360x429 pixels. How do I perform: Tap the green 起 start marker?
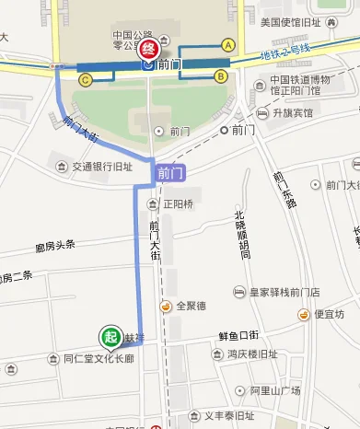point(110,337)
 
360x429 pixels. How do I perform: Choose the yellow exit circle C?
point(85,80)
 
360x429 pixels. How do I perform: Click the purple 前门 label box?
point(170,172)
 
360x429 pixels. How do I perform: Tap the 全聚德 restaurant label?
point(190,306)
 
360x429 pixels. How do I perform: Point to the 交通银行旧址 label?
point(102,168)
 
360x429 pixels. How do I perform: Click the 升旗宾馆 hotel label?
point(292,113)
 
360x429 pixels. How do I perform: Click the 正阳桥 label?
point(178,203)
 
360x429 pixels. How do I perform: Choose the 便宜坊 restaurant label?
point(328,314)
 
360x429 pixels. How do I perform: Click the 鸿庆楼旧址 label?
point(252,354)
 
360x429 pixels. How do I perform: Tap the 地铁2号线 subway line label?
point(285,54)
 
